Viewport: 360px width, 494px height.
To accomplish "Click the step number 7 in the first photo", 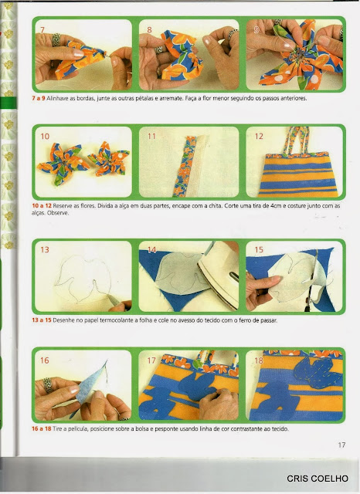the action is (x=42, y=29).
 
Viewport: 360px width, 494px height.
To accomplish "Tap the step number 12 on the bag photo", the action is (x=259, y=136).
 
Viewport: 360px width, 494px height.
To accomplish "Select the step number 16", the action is (x=45, y=360).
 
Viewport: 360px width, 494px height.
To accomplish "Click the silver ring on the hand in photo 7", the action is (x=56, y=39).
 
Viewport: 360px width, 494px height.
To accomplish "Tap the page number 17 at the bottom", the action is (x=341, y=445).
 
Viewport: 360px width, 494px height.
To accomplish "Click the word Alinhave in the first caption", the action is (x=56, y=98).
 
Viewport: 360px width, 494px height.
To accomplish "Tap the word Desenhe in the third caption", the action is (x=63, y=320).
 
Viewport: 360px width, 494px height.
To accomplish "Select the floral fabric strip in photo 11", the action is (x=183, y=166).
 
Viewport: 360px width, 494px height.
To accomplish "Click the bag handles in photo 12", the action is (x=297, y=140).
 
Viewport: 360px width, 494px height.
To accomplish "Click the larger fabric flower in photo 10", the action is (x=60, y=164).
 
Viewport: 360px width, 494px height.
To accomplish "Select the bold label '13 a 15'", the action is (x=41, y=320).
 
